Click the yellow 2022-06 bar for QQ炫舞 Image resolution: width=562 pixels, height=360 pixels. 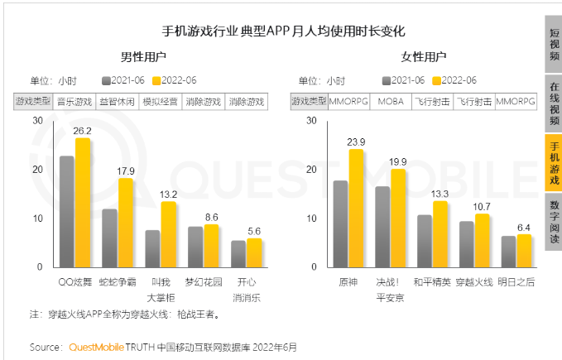(83, 203)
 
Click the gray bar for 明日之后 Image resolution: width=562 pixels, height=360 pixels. (507, 252)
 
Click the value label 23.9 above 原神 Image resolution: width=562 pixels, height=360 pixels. (356, 142)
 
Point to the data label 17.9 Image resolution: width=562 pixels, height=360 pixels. (125, 170)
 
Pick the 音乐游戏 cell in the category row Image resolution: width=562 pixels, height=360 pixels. (74, 102)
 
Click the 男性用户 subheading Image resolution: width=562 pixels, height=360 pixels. (143, 57)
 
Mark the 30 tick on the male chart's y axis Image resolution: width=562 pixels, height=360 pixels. (36, 121)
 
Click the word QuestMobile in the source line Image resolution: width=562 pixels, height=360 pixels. (97, 347)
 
